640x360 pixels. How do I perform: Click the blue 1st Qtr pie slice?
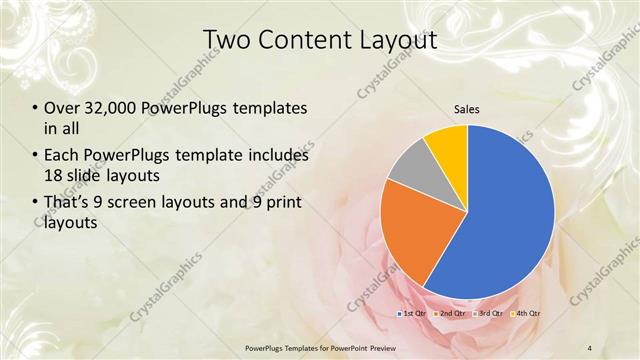pyautogui.click(x=505, y=215)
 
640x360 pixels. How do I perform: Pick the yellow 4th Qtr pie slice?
pyautogui.click(x=447, y=145)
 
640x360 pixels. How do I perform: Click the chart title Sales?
pyautogui.click(x=466, y=107)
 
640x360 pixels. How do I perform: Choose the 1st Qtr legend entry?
pyautogui.click(x=415, y=314)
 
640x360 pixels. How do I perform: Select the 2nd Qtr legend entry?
pyautogui.click(x=451, y=314)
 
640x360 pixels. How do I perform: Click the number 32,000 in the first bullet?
pyautogui.click(x=114, y=107)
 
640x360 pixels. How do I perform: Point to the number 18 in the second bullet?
pyautogui.click(x=55, y=176)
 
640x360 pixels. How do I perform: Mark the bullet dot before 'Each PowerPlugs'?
pyautogui.click(x=35, y=156)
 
